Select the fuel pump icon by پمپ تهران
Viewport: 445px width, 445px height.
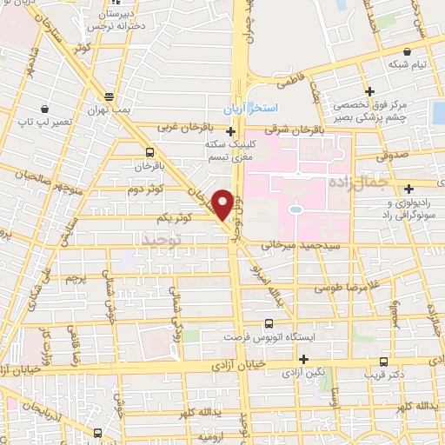(x=109, y=96)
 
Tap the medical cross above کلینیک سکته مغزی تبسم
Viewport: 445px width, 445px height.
(x=229, y=132)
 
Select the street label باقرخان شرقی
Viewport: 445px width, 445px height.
(x=287, y=130)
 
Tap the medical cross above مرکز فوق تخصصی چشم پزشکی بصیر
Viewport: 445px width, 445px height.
(x=369, y=90)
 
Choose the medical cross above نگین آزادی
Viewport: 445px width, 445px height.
(x=303, y=359)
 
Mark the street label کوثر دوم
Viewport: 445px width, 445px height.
(x=147, y=189)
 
